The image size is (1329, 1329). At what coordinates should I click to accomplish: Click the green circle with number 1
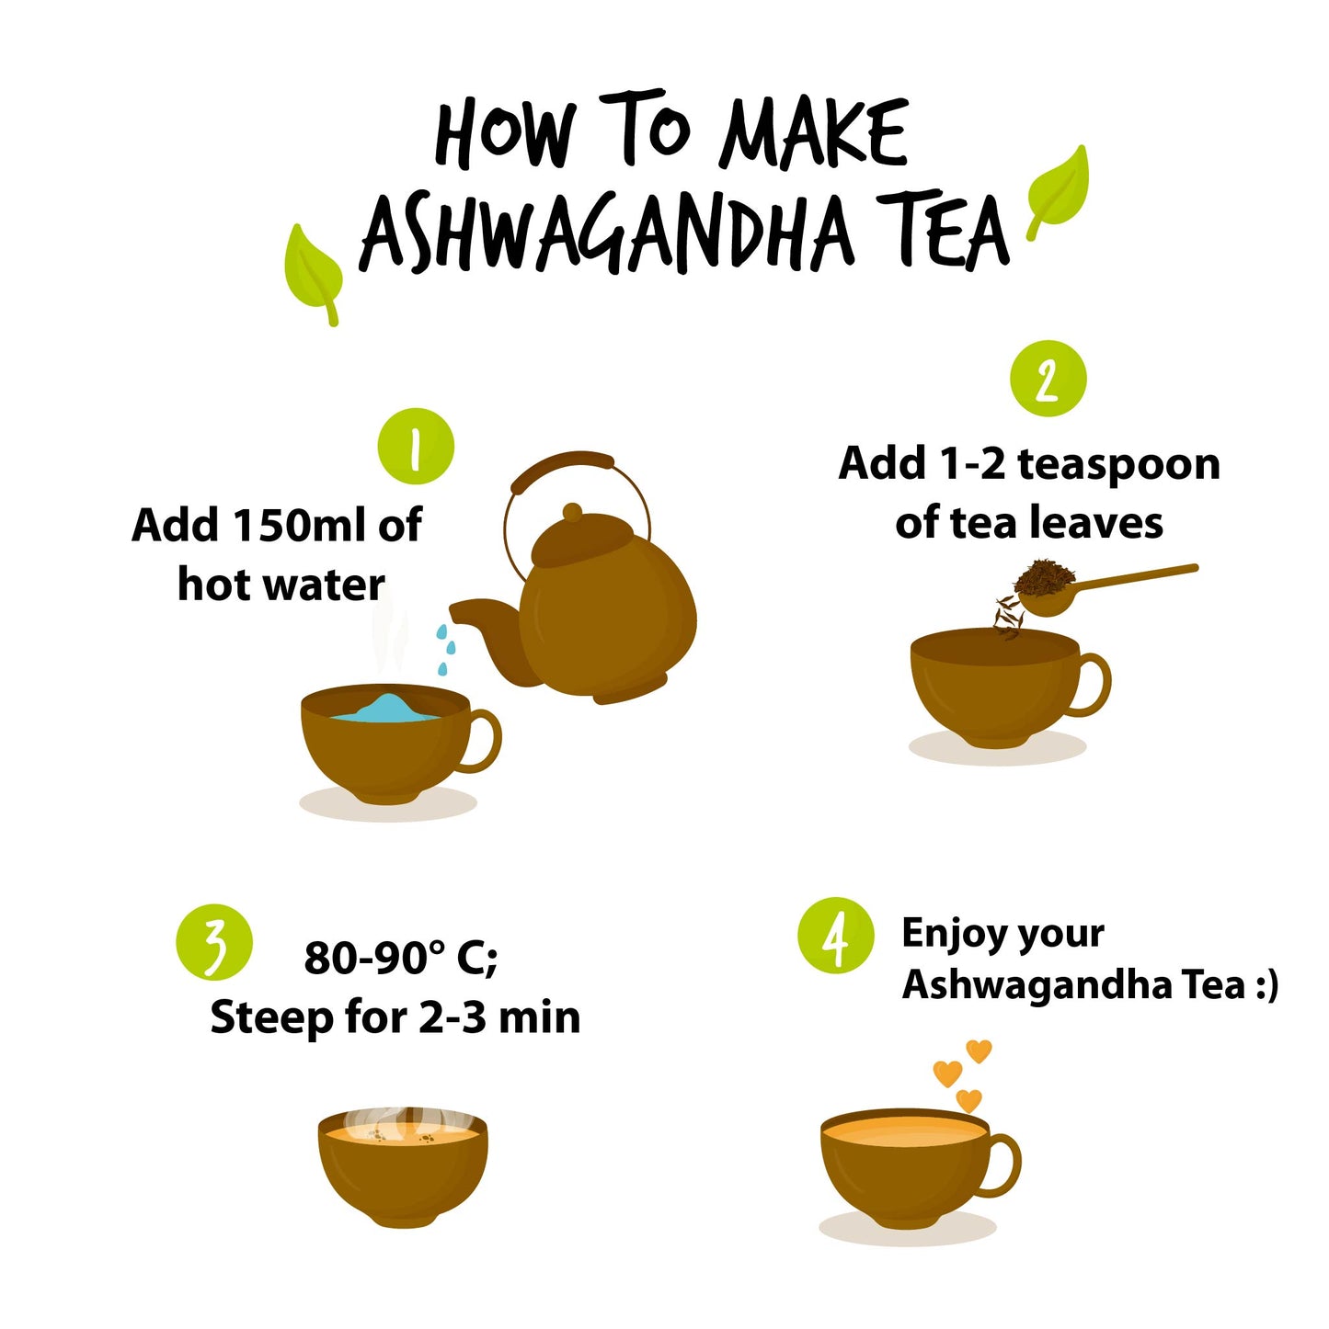pyautogui.click(x=416, y=447)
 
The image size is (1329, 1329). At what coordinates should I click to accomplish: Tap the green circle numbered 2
pyautogui.click(x=1048, y=378)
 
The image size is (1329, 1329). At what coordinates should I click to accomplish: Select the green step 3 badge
pyautogui.click(x=214, y=942)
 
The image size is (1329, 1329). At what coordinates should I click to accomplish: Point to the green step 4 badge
pyautogui.click(x=835, y=936)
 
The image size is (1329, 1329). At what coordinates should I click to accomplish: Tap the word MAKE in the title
pyautogui.click(x=812, y=132)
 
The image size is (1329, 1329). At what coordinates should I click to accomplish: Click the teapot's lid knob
pyautogui.click(x=572, y=512)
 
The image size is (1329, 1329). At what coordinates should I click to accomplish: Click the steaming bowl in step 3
pyautogui.click(x=403, y=1168)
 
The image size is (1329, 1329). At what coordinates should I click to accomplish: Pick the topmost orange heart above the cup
pyautogui.click(x=979, y=1051)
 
